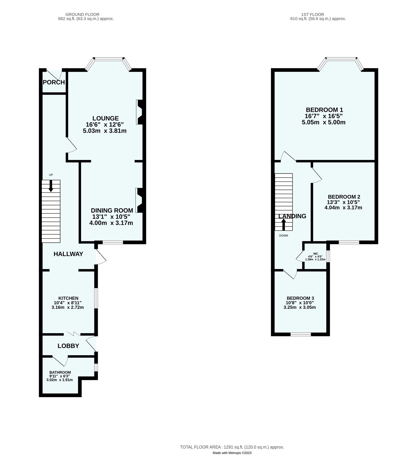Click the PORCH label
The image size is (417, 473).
54,82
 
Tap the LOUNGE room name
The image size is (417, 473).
105,118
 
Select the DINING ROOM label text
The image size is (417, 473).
112,210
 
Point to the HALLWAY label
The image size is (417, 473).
68,254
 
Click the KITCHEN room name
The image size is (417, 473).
68,298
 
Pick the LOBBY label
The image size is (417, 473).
68,346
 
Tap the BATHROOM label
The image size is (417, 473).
60,372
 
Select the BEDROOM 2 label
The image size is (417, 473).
344,197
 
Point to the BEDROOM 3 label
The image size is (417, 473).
300,298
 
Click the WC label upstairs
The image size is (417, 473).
316,254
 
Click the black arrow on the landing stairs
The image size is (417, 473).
284,224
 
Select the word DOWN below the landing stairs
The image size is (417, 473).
284,235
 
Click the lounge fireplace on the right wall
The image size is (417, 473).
139,112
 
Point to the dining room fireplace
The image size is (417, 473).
139,200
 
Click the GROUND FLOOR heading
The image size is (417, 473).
82,14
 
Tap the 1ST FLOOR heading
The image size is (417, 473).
313,14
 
